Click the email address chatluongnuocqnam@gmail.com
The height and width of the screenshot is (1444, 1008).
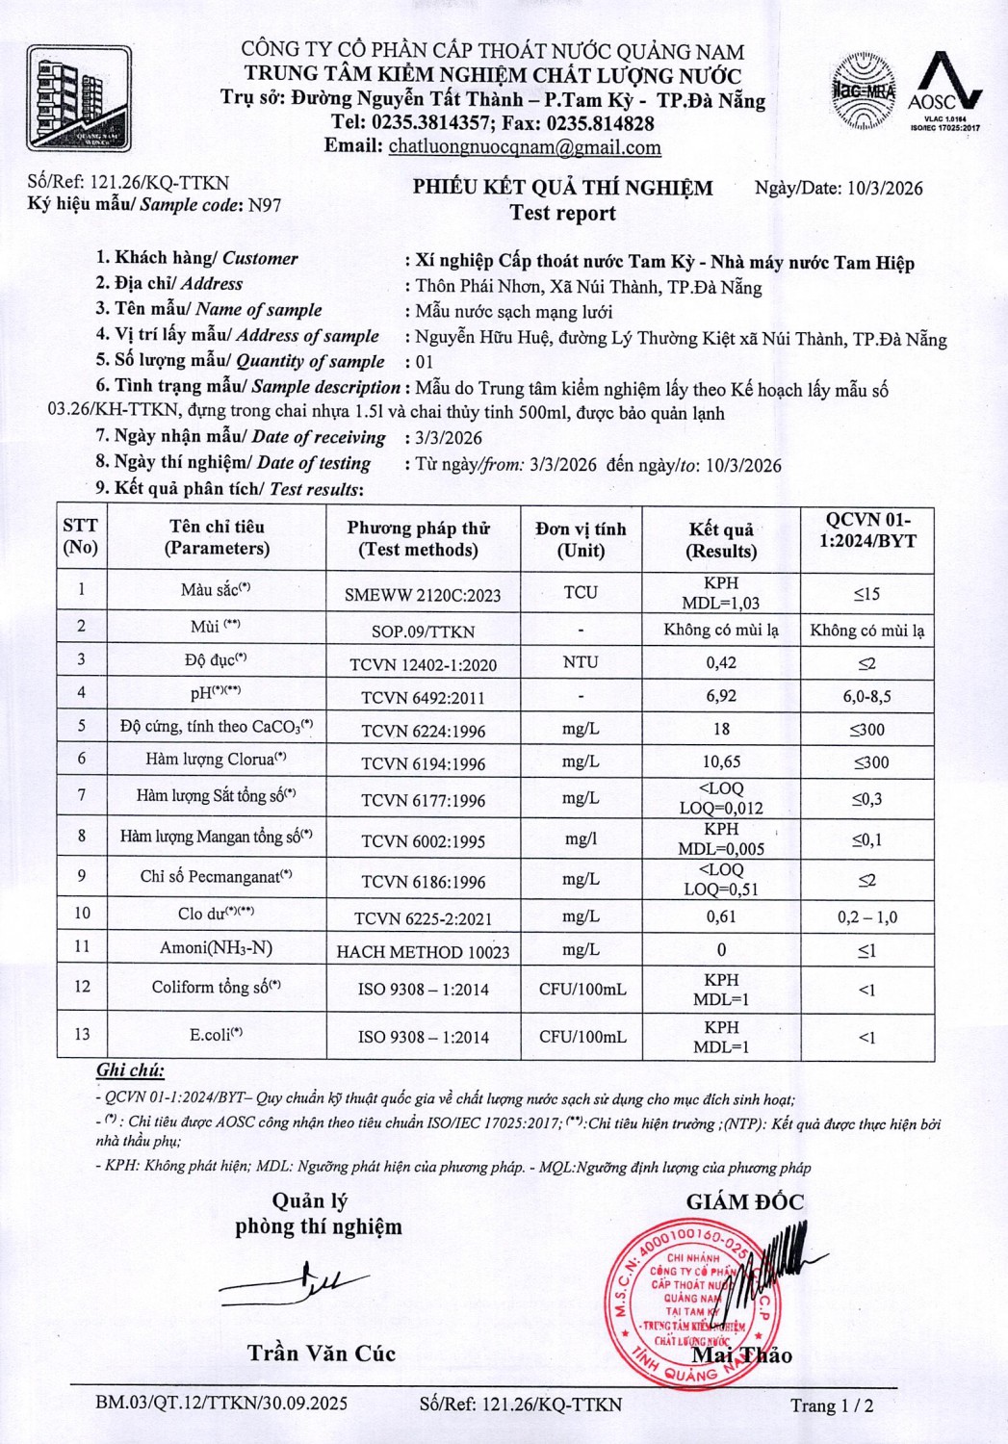(525, 147)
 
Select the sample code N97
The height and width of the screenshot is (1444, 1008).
(265, 204)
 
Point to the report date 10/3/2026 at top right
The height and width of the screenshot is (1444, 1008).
(885, 188)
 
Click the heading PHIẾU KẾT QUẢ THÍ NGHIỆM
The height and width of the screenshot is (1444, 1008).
(563, 188)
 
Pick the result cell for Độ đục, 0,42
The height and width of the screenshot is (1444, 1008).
(721, 662)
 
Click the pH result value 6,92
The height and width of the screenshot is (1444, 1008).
(721, 695)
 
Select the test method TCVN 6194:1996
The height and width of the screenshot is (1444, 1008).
(424, 763)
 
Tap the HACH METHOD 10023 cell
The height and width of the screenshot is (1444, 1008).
(424, 952)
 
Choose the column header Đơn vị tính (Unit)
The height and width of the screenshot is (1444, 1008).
(581, 539)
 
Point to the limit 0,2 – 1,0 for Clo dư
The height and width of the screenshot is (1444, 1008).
(866, 916)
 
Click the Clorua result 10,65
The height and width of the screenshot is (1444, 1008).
(721, 761)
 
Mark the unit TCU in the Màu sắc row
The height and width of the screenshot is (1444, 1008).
(581, 592)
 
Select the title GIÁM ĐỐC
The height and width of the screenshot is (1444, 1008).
(744, 1201)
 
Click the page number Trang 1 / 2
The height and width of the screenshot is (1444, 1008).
(832, 1405)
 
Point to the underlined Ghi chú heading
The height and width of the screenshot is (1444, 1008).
(130, 1070)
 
